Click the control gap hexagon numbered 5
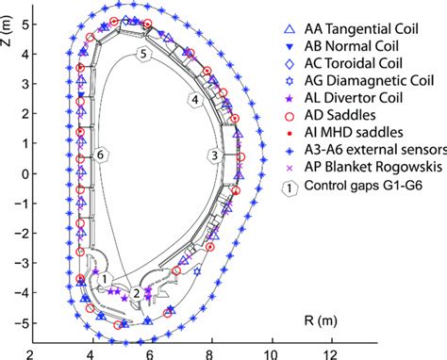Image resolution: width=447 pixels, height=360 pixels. tap(143, 54)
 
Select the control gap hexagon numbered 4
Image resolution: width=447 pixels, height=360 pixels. tap(194, 98)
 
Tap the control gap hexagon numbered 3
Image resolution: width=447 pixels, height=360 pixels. tap(215, 155)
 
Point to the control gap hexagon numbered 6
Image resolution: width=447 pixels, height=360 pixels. tap(101, 153)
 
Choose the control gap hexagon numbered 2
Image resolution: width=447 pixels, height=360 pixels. tap(137, 292)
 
